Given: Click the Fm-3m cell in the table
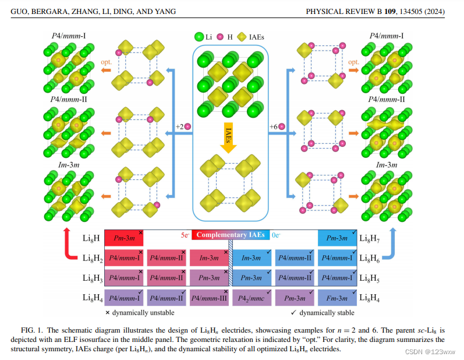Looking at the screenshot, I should (336, 298).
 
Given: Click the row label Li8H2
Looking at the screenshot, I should (93, 258).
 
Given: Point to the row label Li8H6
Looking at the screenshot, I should (370, 258).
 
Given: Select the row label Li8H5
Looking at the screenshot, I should (370, 278).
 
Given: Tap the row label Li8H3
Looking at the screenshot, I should (93, 278).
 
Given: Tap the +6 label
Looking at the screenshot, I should (274, 126).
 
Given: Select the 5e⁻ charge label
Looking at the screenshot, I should (185, 235).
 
